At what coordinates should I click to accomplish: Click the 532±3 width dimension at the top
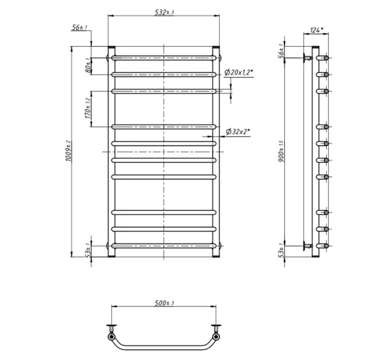click(x=164, y=12)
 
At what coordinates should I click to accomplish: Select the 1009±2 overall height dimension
click(x=69, y=151)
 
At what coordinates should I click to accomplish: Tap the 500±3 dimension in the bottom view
click(x=164, y=303)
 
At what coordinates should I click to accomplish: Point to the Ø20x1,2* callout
click(x=239, y=73)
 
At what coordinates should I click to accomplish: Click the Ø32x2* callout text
click(x=237, y=131)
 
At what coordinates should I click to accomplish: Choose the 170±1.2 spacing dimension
click(x=88, y=109)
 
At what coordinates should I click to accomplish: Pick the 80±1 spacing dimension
click(x=88, y=65)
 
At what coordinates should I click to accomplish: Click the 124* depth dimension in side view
click(x=316, y=30)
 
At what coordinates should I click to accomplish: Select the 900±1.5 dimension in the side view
click(x=281, y=151)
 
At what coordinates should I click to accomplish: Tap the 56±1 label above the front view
click(x=80, y=27)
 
